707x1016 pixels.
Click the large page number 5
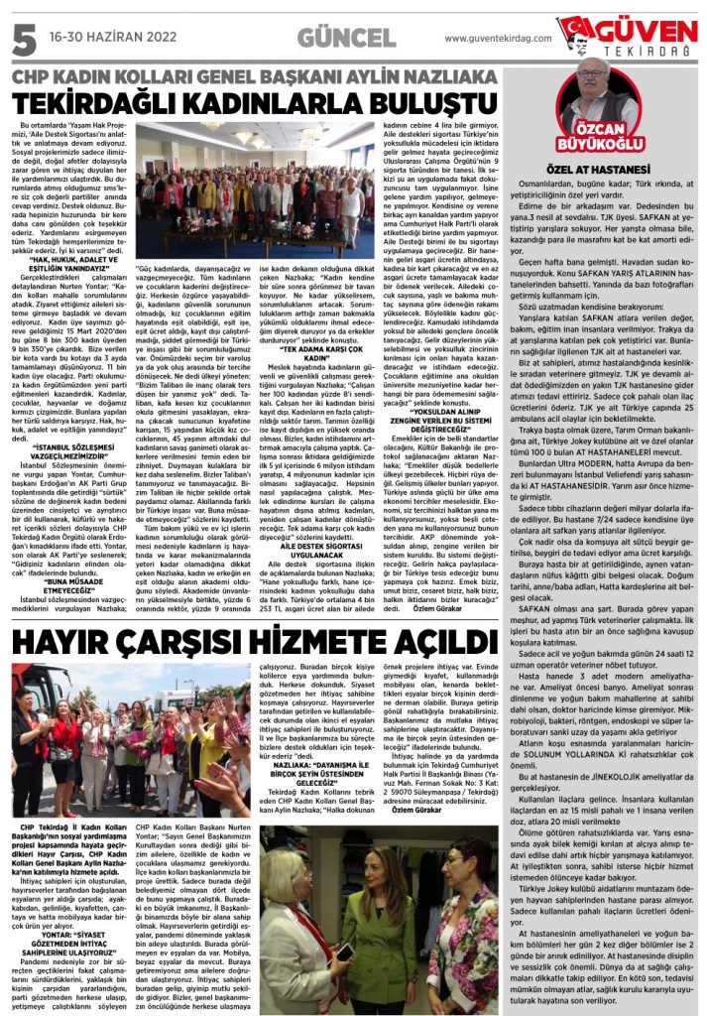tap(19, 36)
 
